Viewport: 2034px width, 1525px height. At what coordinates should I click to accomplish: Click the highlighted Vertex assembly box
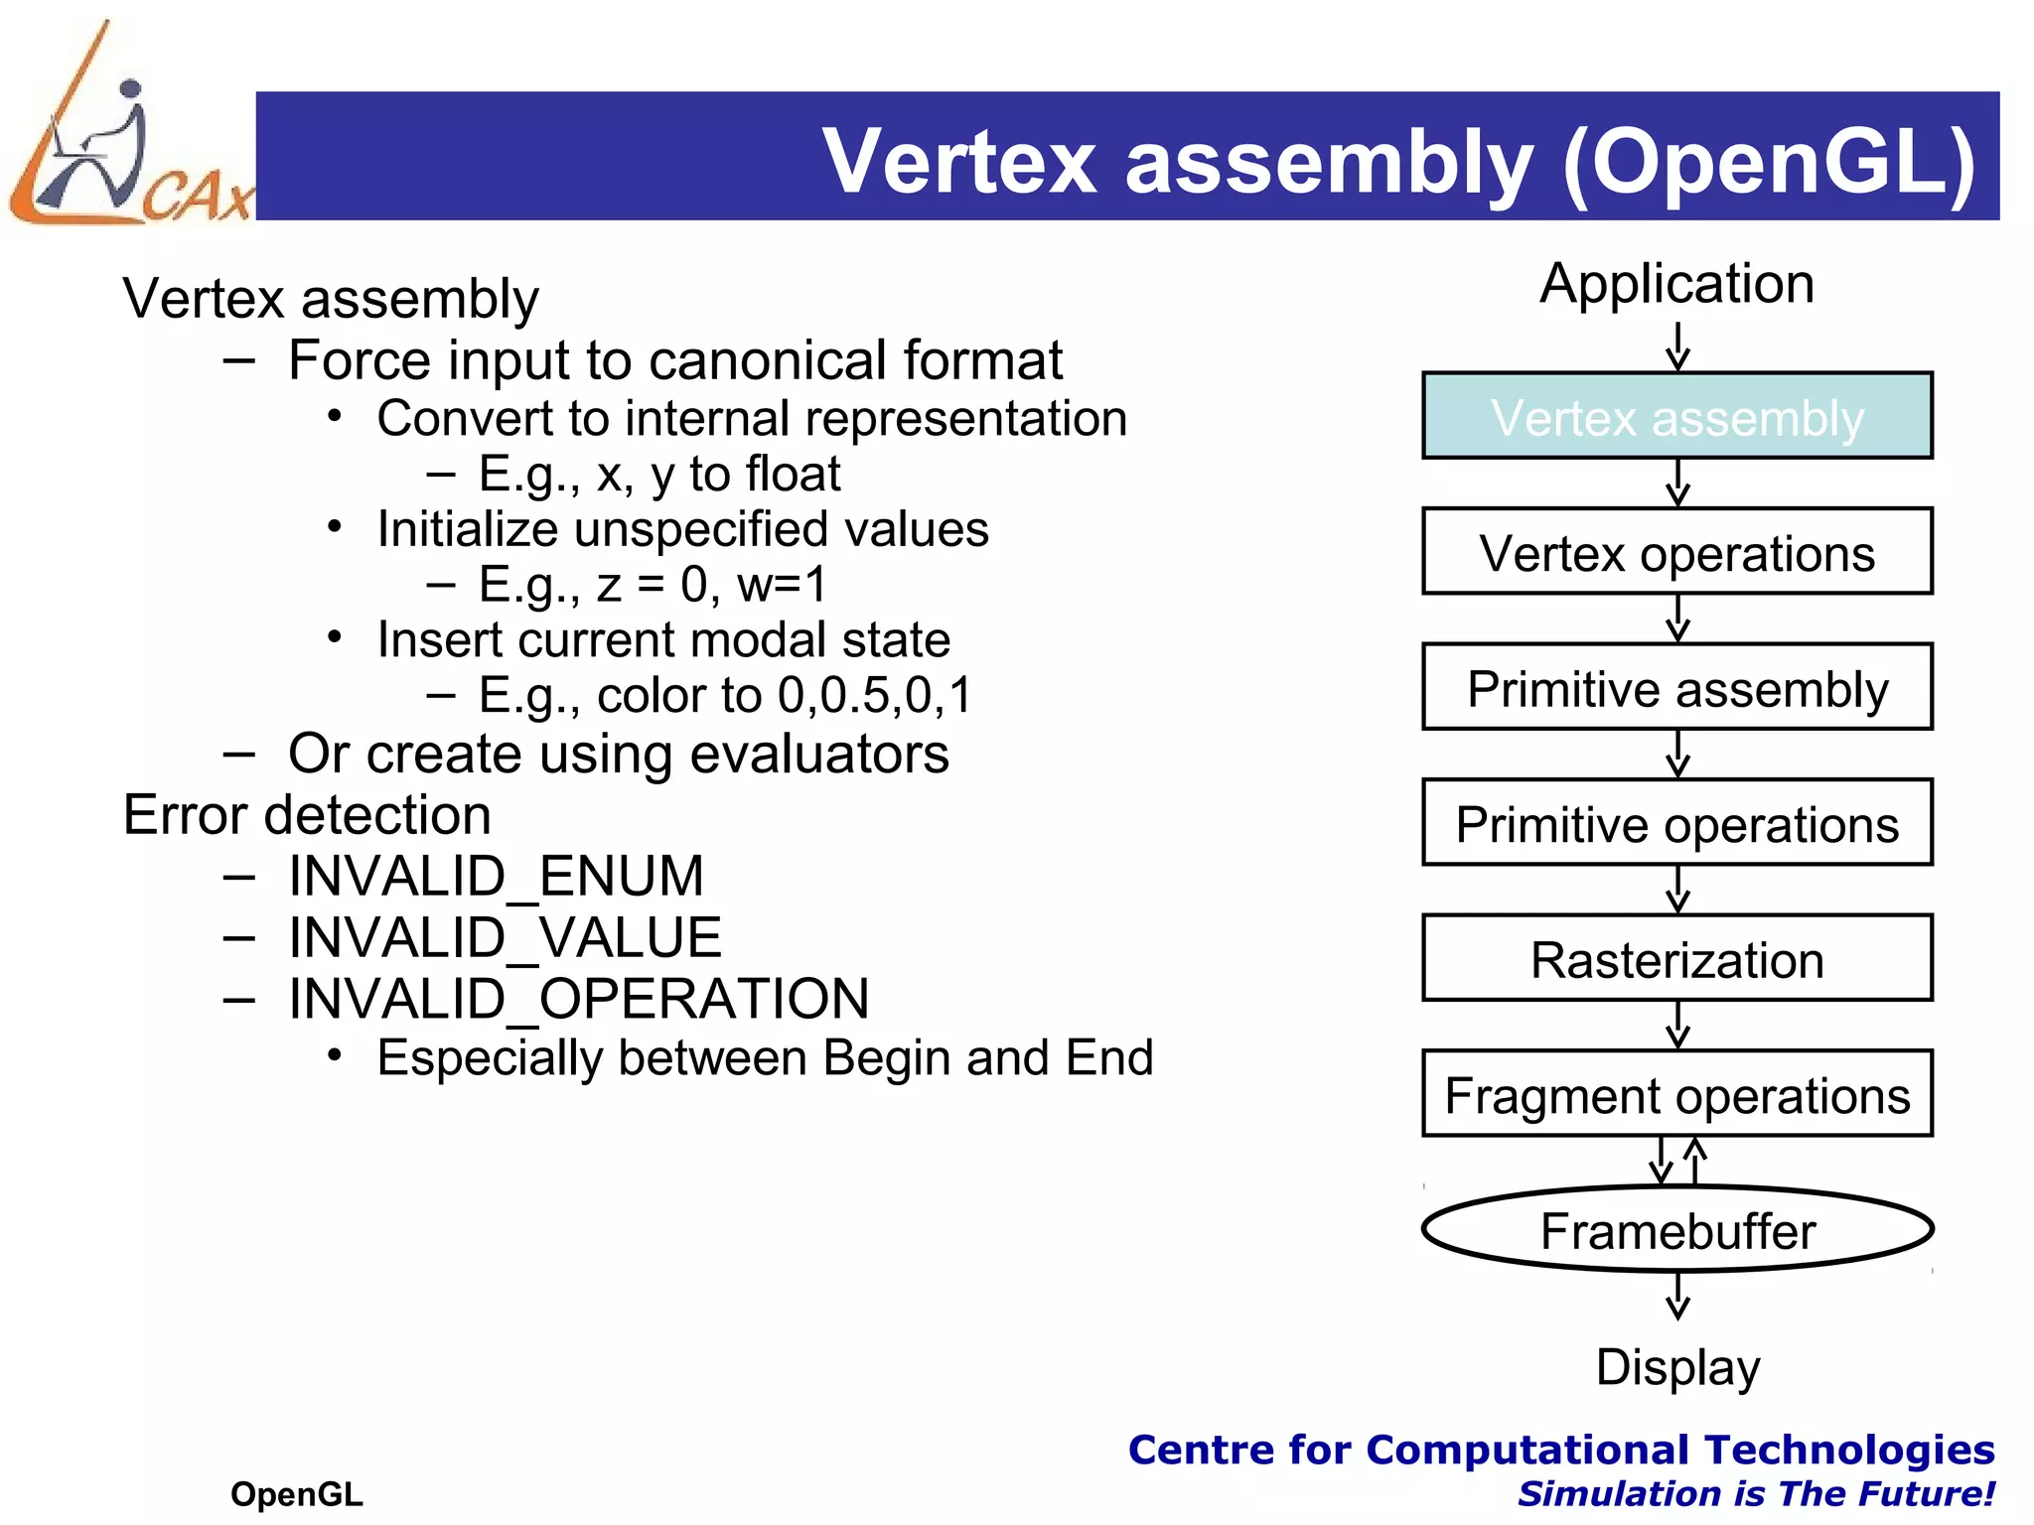(1676, 416)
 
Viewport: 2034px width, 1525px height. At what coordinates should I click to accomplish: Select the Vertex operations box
(1676, 552)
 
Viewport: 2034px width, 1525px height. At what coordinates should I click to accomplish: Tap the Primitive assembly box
(1676, 687)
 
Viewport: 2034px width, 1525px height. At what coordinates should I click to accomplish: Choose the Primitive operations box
(1676, 823)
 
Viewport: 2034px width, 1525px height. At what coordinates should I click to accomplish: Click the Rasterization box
(1676, 959)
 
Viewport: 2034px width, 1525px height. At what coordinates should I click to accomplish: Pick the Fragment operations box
(1676, 1094)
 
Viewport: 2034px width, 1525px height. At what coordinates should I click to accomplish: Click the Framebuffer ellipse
(1676, 1230)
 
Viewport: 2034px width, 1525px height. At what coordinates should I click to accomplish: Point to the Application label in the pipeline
(1676, 284)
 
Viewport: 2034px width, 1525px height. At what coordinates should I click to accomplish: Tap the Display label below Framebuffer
(1676, 1367)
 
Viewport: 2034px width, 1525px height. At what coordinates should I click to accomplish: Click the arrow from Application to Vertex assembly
(1677, 347)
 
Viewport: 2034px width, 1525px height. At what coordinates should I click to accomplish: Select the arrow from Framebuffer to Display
(1677, 1296)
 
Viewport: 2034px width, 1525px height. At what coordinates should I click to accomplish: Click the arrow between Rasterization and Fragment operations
(1677, 1025)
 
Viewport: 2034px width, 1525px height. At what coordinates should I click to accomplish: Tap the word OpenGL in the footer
(296, 1493)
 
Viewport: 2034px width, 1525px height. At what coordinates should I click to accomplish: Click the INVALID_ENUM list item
(496, 876)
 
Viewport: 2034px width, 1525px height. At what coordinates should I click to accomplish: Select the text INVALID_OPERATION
(578, 998)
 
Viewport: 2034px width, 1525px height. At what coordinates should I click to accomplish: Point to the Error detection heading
(307, 815)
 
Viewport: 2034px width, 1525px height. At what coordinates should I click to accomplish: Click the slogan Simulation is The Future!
(1755, 1493)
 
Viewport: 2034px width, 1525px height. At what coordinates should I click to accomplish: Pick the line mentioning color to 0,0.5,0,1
(724, 695)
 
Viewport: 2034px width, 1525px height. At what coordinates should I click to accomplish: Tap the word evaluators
(819, 754)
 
